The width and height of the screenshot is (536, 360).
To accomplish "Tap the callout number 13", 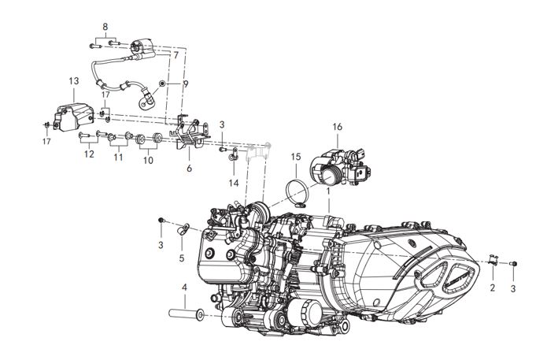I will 74,81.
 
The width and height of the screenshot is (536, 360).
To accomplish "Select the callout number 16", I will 337,126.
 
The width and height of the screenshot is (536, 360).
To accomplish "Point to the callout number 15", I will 294,168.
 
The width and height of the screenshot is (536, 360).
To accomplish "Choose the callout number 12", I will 88,154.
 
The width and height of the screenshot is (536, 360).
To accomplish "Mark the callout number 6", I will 189,168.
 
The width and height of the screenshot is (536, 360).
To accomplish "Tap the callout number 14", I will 233,183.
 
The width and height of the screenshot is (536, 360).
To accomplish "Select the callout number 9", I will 187,83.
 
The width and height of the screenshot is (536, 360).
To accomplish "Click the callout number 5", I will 181,258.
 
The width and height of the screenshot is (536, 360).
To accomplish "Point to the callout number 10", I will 148,160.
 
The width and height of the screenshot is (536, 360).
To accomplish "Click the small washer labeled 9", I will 163,83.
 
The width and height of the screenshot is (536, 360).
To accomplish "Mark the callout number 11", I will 118,158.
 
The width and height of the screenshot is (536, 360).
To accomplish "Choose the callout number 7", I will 176,55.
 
